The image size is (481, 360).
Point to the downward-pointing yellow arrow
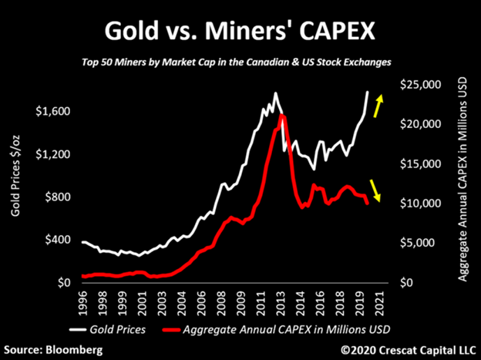coord(375,189)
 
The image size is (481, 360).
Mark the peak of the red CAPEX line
coord(282,116)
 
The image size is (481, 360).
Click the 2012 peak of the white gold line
coord(275,93)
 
